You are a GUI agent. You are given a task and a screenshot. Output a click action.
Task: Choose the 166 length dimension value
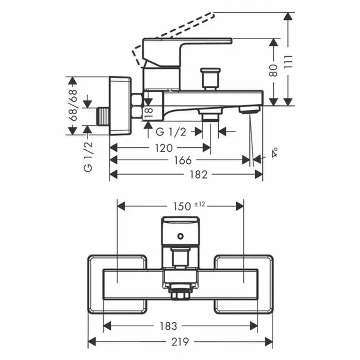[182, 160]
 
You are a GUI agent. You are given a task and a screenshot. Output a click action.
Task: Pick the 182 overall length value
[198, 175]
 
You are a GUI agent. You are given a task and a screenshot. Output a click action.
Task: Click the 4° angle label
[274, 153]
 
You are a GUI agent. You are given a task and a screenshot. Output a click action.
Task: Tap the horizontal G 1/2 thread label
[171, 131]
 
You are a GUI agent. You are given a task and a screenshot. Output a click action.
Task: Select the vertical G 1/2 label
[88, 156]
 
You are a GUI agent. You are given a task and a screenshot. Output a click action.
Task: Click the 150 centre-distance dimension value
[181, 206]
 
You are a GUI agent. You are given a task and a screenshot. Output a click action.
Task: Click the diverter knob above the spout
[211, 77]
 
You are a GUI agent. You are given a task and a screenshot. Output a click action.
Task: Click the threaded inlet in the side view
[104, 117]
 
